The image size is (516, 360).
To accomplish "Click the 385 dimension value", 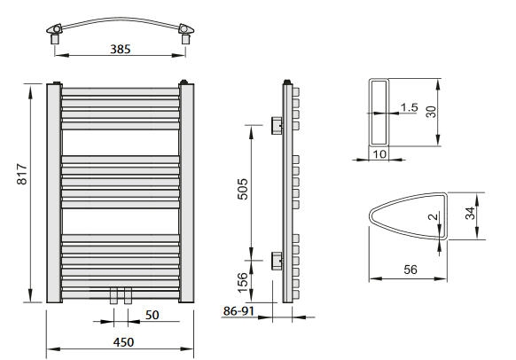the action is coord(120,50).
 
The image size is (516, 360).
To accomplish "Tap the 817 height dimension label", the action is coord(22,174).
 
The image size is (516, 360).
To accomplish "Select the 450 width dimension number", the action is coord(123,342).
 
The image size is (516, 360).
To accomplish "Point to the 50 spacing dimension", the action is coord(152,315).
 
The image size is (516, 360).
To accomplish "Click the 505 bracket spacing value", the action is coord(243,189).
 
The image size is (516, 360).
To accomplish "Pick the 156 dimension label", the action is coord(243,283).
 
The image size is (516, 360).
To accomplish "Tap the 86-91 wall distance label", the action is coord(238,311).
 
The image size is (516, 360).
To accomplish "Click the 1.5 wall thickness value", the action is coord(409,107).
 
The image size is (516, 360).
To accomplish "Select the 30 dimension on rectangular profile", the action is coord(431,112).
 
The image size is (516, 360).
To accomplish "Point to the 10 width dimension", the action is coord(379,154).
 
